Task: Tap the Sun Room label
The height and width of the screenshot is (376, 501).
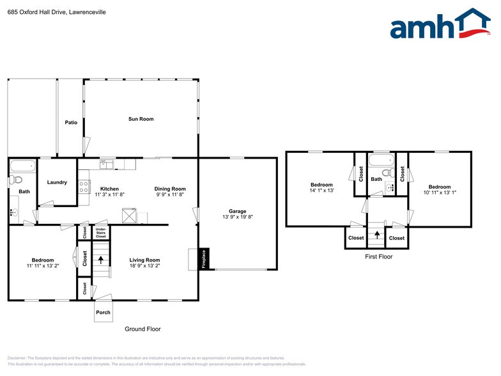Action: [141, 119]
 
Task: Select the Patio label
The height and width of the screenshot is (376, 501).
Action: [71, 122]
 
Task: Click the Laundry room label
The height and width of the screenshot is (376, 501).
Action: [57, 182]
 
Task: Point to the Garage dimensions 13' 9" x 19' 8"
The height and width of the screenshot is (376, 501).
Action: [237, 217]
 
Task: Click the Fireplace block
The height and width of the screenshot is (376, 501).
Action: [204, 258]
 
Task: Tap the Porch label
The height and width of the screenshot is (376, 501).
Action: [103, 312]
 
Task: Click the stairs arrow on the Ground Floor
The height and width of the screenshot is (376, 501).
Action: [100, 260]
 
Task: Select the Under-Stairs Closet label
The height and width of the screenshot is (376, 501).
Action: [100, 232]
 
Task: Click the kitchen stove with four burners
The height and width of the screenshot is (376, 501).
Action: [83, 187]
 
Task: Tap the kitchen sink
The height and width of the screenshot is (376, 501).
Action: [106, 165]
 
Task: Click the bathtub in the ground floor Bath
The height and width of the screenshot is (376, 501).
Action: [24, 166]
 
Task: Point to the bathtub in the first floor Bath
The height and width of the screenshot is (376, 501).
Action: [382, 159]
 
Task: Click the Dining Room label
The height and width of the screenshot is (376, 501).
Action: [170, 189]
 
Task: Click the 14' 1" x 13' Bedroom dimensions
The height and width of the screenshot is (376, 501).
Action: [321, 191]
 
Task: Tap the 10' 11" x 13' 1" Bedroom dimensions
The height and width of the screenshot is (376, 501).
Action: [439, 192]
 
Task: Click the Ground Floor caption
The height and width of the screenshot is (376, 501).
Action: [143, 329]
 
